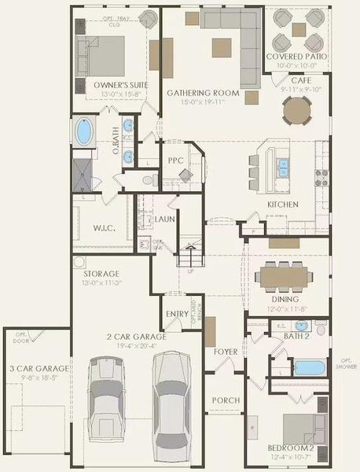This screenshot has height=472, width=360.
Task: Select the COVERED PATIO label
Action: click(x=298, y=57)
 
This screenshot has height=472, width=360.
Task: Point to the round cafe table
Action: click(x=297, y=112)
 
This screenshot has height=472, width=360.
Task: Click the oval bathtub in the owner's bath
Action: click(x=83, y=131)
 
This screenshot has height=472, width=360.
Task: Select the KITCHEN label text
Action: click(x=282, y=205)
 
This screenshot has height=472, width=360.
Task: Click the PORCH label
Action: click(x=226, y=400)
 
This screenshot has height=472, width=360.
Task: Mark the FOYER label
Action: click(x=226, y=351)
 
